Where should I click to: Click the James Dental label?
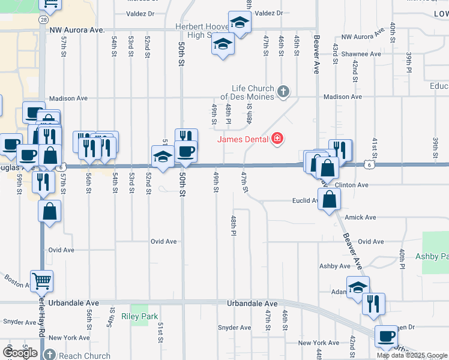pyautogui.click(x=244, y=139)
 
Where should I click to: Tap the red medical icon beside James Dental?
pyautogui.click(x=277, y=139)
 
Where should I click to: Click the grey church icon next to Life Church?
pyautogui.click(x=284, y=92)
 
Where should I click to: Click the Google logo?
pyautogui.click(x=19, y=352)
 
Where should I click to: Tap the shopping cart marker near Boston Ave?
pyautogui.click(x=41, y=280)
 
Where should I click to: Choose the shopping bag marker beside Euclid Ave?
pyautogui.click(x=329, y=199)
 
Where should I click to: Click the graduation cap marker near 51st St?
pyautogui.click(x=163, y=157)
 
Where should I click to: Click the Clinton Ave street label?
pyautogui.click(x=352, y=185)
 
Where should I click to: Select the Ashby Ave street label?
pyautogui.click(x=334, y=266)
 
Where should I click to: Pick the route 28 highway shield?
pyautogui.click(x=43, y=19)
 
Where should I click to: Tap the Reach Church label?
pyautogui.click(x=85, y=356)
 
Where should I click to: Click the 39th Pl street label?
pyautogui.click(x=408, y=62)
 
